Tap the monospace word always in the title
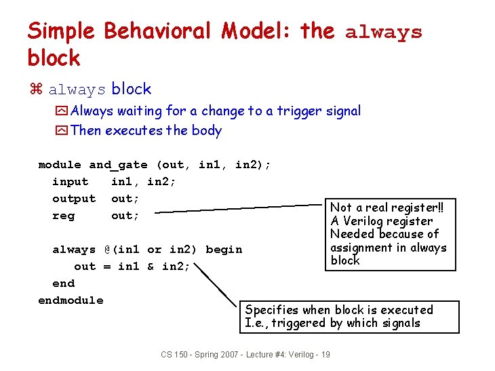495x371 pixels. pyautogui.click(x=383, y=32)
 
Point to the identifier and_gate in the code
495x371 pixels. pyautogui.click(x=118, y=165)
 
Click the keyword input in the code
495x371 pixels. pyautogui.click(x=70, y=182)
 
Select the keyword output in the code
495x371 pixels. pyautogui.click(x=74, y=199)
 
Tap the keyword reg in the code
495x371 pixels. pyautogui.click(x=63, y=216)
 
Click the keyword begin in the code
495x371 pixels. pyautogui.click(x=224, y=250)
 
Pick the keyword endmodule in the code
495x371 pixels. pyautogui.click(x=71, y=300)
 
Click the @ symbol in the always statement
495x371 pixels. pyautogui.click(x=107, y=250)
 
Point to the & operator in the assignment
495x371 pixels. pyautogui.click(x=151, y=267)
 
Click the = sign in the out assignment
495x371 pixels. pyautogui.click(x=106, y=267)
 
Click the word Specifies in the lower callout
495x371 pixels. pyautogui.click(x=273, y=310)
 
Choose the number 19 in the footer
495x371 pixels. pyautogui.click(x=325, y=355)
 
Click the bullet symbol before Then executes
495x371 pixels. pyautogui.click(x=62, y=130)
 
